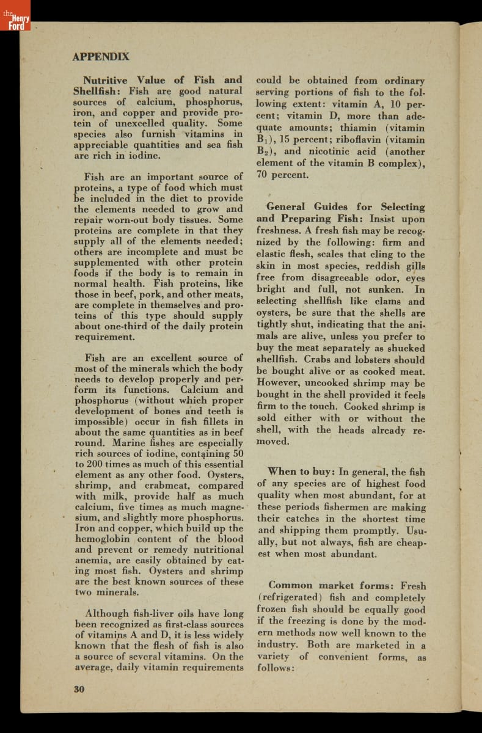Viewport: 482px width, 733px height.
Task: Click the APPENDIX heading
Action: coord(101,57)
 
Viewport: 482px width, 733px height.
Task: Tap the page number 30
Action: coord(79,689)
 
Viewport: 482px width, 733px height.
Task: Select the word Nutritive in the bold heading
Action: coord(105,80)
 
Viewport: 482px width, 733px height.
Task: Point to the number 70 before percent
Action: coord(264,175)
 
